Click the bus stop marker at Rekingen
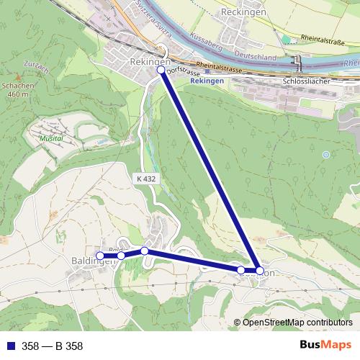pos(161,71)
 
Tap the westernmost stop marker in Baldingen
pos(100,256)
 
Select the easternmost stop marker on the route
pos(260,271)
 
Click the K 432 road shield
pos(145,176)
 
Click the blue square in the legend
pos(9,346)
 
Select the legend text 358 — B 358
pos(53,346)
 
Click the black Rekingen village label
pos(149,63)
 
